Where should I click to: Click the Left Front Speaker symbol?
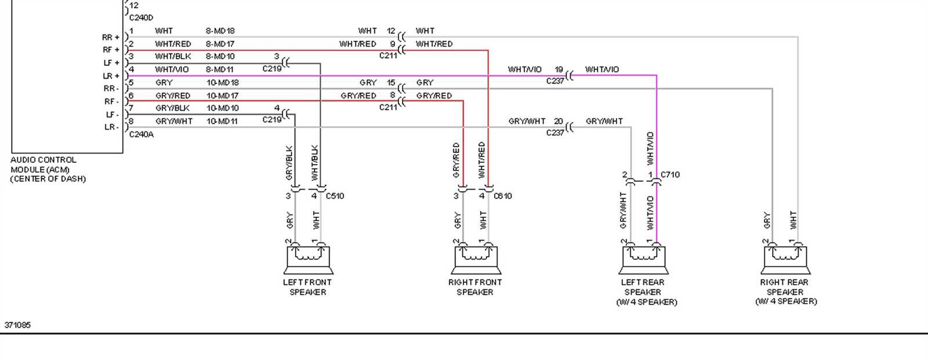tap(308, 260)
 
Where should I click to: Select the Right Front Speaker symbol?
tap(475, 260)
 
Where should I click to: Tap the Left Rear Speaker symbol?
tap(643, 260)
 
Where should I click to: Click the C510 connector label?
tap(335, 196)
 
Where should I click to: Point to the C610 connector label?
tap(502, 196)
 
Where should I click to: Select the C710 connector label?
tap(670, 174)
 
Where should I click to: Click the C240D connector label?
tap(141, 18)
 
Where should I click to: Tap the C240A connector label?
tap(141, 134)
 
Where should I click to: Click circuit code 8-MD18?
tap(220, 31)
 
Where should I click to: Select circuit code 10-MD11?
tap(222, 121)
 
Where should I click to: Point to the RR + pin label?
tap(111, 37)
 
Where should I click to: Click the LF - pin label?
tap(111, 114)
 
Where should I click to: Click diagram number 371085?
tap(17, 325)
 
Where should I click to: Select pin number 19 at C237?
tap(559, 70)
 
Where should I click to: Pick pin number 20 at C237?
tap(558, 121)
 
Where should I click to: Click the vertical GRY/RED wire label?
tap(456, 160)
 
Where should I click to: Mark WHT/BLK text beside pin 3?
tap(173, 57)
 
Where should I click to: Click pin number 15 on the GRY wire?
tap(391, 83)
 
